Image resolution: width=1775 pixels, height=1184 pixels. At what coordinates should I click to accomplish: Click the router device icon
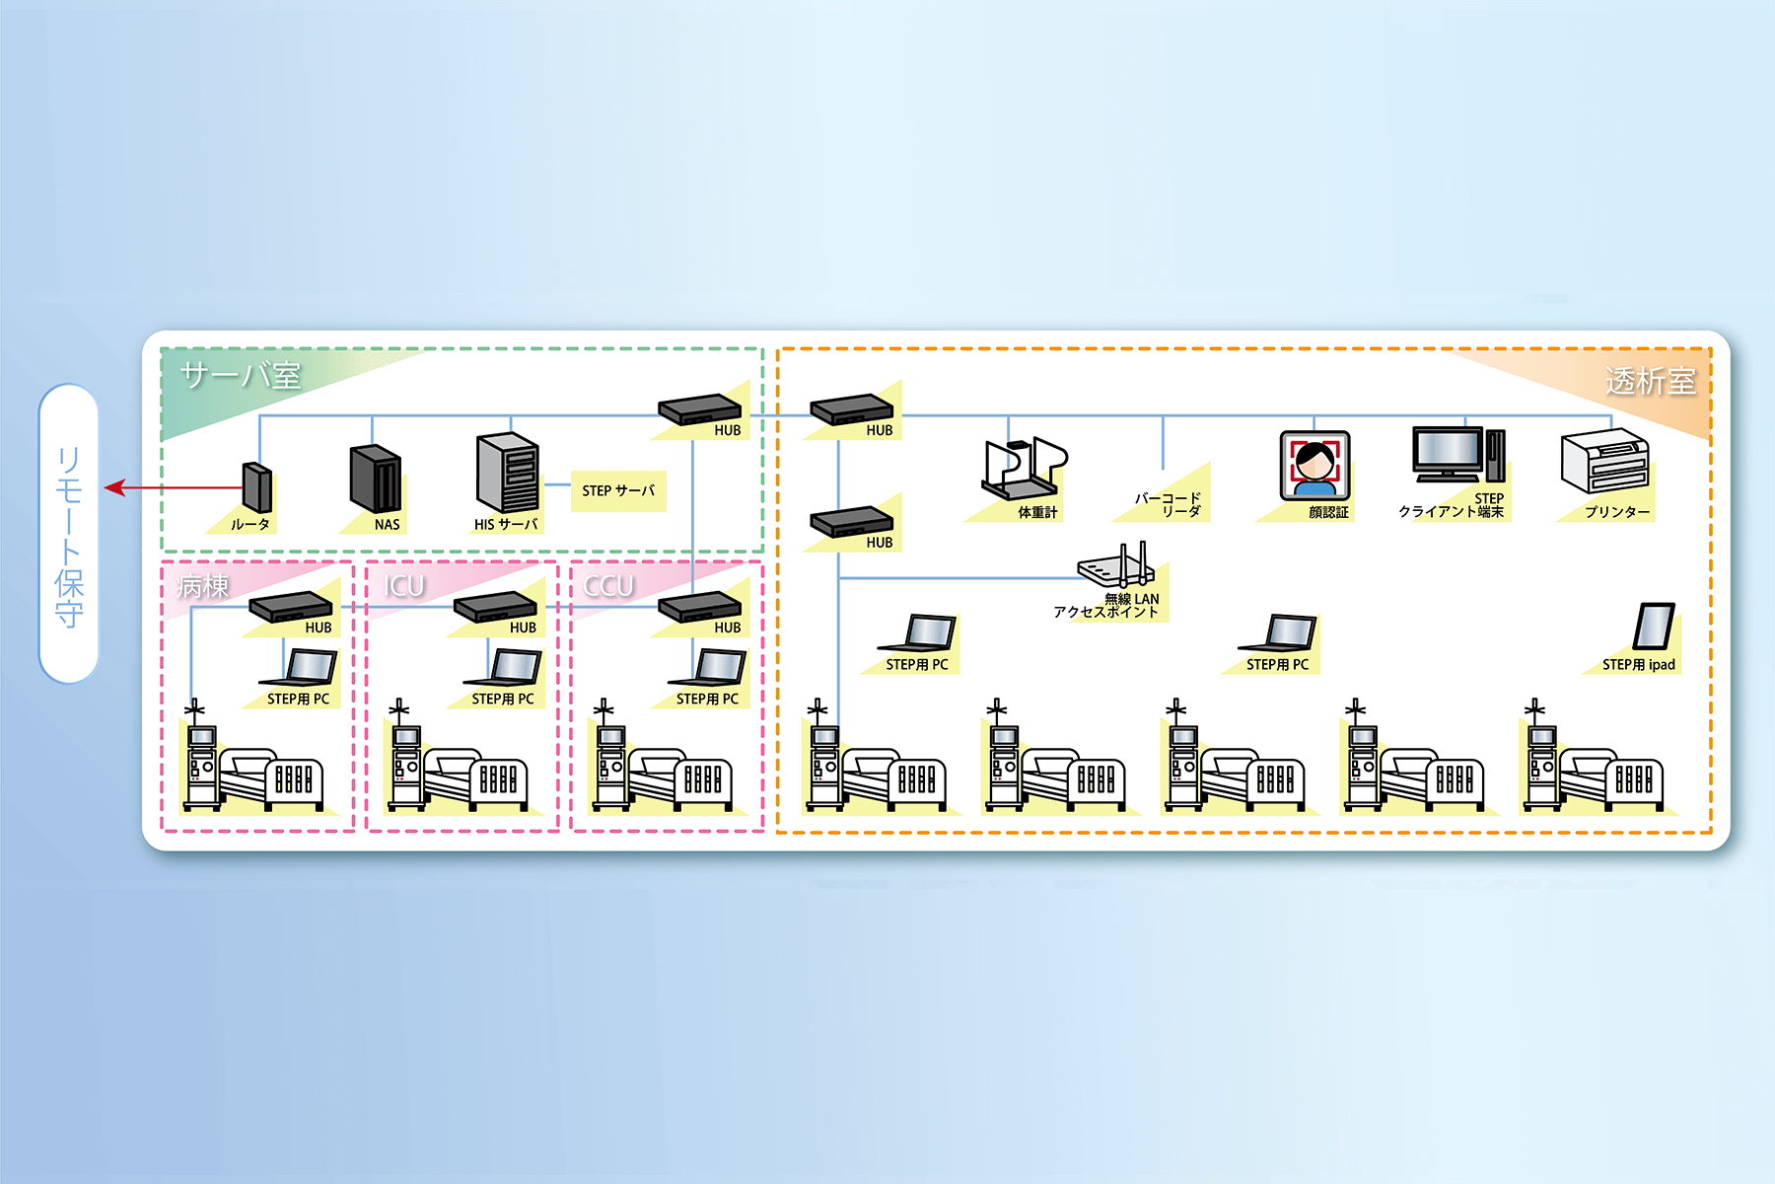click(256, 487)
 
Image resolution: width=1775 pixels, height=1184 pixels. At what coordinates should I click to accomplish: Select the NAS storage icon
click(376, 479)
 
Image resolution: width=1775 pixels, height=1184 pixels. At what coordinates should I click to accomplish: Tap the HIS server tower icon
click(507, 473)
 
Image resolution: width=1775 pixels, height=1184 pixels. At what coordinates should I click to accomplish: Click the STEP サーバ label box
click(618, 490)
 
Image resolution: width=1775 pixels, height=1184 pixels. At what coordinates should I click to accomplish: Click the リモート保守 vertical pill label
click(69, 534)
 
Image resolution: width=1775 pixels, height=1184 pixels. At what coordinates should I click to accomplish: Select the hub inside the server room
click(700, 409)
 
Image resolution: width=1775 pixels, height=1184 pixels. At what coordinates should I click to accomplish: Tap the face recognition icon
click(1314, 465)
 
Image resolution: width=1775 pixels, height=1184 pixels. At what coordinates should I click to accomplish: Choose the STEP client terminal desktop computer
click(1457, 455)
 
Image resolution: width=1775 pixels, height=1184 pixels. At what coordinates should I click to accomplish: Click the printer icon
click(1604, 461)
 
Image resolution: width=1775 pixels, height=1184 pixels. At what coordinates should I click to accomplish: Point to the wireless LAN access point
click(1116, 566)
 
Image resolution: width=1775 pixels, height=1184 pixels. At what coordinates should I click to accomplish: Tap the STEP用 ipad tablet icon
click(1654, 627)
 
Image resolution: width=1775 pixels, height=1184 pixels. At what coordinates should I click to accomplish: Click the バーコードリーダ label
click(1168, 504)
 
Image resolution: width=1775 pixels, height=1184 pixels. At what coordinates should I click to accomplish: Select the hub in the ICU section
click(495, 606)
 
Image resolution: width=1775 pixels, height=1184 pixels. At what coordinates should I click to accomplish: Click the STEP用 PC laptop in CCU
click(708, 667)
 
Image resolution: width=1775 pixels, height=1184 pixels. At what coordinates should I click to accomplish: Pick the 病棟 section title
click(203, 586)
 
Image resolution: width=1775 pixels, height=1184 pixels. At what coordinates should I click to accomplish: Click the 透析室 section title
click(1650, 381)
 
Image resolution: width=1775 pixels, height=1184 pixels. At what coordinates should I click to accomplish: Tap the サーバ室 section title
click(241, 375)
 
